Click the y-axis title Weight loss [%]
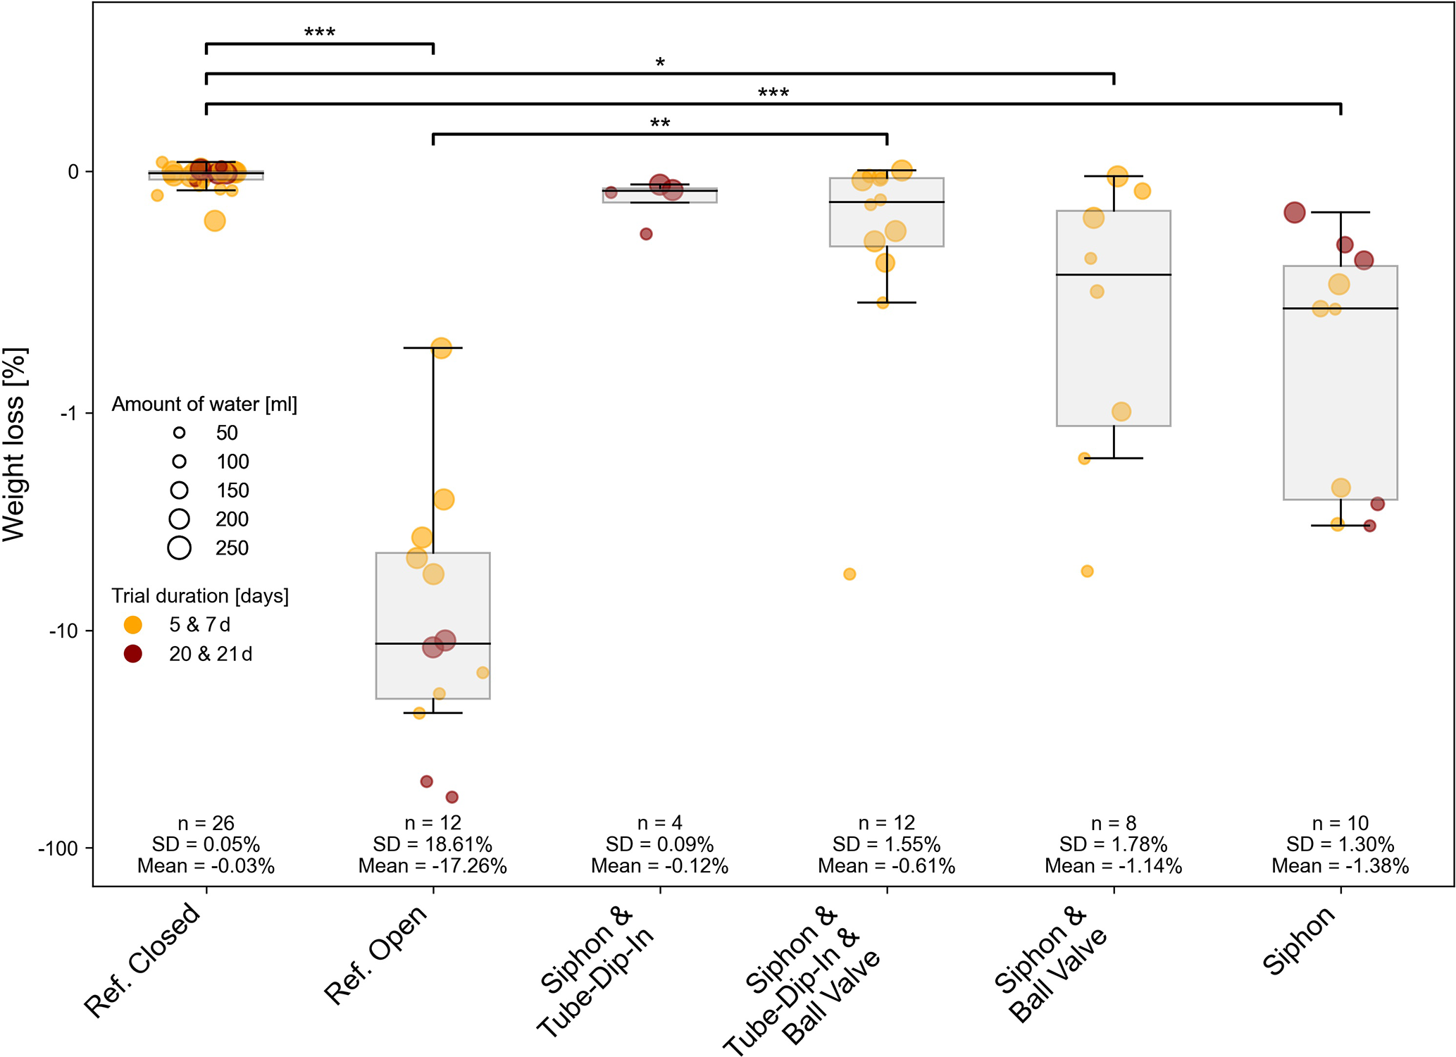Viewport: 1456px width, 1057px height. point(14,445)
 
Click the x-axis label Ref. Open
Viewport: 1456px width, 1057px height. point(376,954)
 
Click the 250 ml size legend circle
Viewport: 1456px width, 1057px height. point(180,548)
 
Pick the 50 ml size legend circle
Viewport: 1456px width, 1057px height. point(180,433)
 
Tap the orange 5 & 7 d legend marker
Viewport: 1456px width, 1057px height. point(132,625)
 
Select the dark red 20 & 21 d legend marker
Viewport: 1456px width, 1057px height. point(132,654)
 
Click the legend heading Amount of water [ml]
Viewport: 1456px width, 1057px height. point(204,404)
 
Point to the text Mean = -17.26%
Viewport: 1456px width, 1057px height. point(433,866)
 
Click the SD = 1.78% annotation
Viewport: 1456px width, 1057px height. point(1113,844)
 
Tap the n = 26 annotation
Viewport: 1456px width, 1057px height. point(206,823)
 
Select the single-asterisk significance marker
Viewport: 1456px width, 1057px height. point(660,63)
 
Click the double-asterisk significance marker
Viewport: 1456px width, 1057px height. point(660,124)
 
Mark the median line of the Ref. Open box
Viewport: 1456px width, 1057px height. point(433,643)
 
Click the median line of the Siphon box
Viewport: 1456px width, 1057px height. point(1340,309)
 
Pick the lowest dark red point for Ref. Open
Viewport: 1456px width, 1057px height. point(452,797)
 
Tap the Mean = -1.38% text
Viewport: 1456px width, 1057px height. point(1340,866)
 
